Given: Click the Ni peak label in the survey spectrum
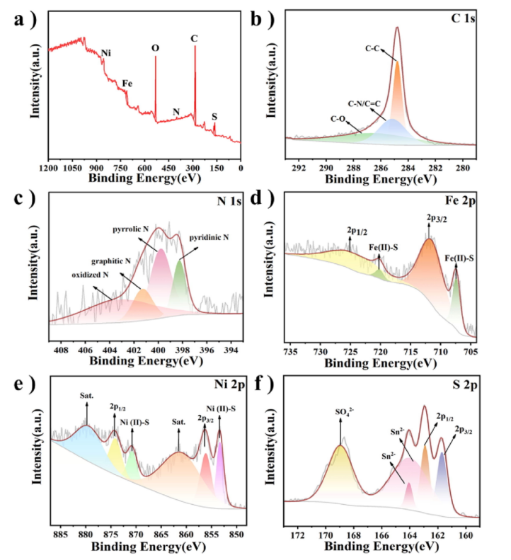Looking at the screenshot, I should pyautogui.click(x=106, y=53).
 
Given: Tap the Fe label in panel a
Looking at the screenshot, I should pyautogui.click(x=127, y=84).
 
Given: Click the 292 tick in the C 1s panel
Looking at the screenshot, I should pyautogui.click(x=299, y=168).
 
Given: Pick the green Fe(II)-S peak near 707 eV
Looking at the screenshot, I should pyautogui.click(x=455, y=297).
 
